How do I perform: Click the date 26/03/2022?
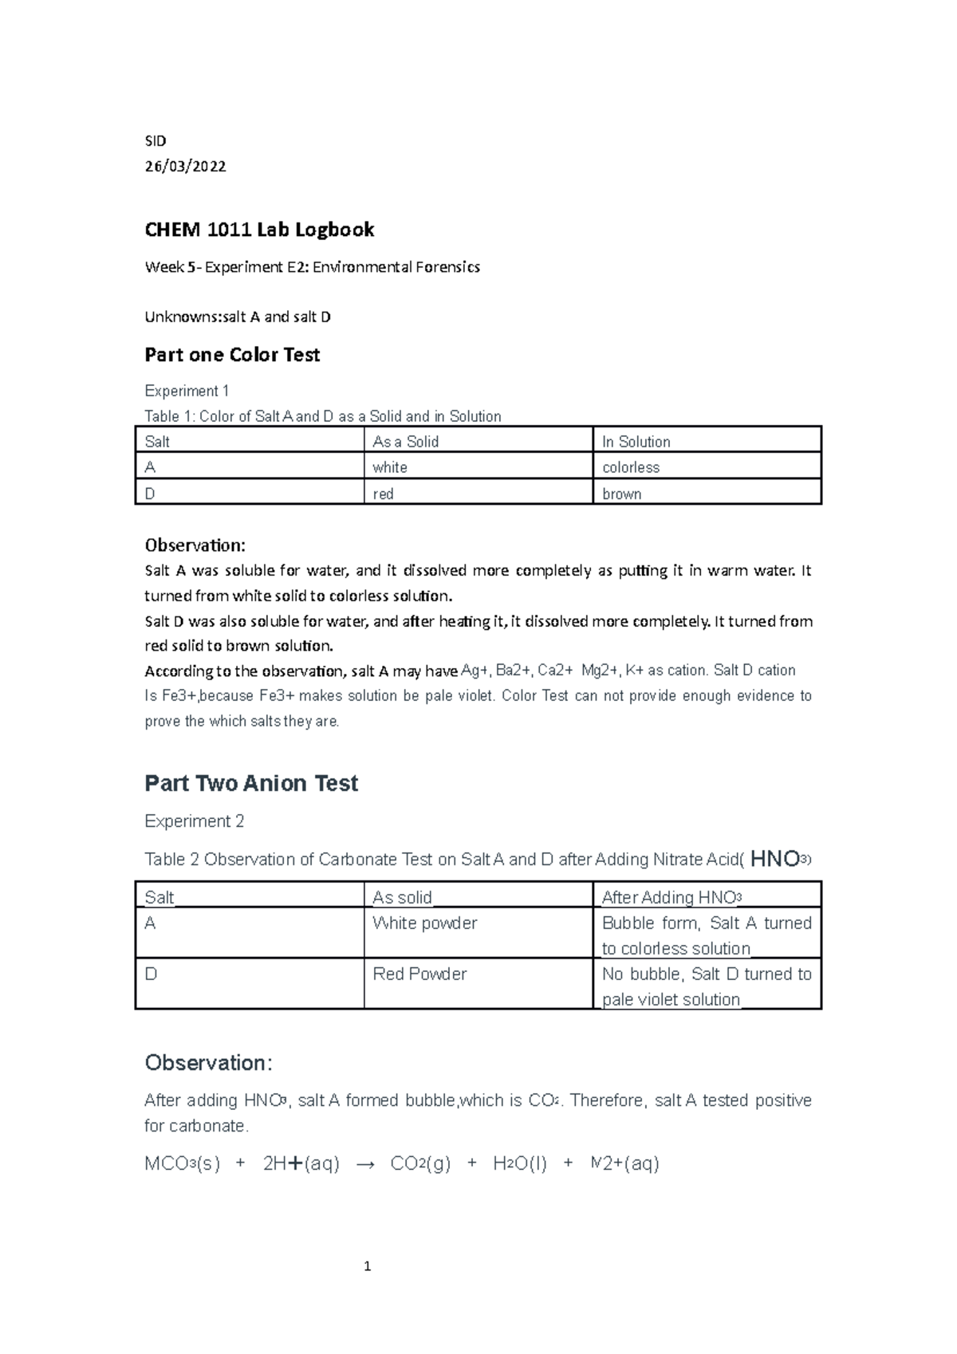pyautogui.click(x=185, y=167)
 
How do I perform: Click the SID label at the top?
pyautogui.click(x=155, y=141)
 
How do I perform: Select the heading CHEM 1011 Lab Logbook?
pyautogui.click(x=259, y=230)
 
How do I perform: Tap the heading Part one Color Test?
pyautogui.click(x=232, y=355)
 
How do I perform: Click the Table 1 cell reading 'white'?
pyautogui.click(x=390, y=467)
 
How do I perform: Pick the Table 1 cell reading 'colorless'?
pyautogui.click(x=631, y=467)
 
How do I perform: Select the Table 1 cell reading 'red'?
pyautogui.click(x=384, y=494)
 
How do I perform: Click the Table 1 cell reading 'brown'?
pyautogui.click(x=622, y=494)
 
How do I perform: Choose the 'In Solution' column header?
pyautogui.click(x=636, y=442)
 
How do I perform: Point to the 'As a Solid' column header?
pyautogui.click(x=406, y=442)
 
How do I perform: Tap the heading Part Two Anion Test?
pyautogui.click(x=251, y=783)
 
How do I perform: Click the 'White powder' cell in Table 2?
pyautogui.click(x=424, y=923)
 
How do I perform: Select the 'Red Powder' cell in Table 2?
pyautogui.click(x=419, y=974)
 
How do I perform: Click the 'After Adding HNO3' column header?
pyautogui.click(x=671, y=898)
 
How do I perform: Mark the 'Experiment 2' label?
pyautogui.click(x=194, y=821)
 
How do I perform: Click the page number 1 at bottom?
pyautogui.click(x=367, y=1266)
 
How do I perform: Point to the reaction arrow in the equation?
pyautogui.click(x=364, y=1165)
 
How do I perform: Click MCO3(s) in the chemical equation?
pyautogui.click(x=182, y=1164)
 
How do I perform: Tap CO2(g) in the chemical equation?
pyautogui.click(x=420, y=1164)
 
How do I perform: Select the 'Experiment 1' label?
pyautogui.click(x=187, y=391)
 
